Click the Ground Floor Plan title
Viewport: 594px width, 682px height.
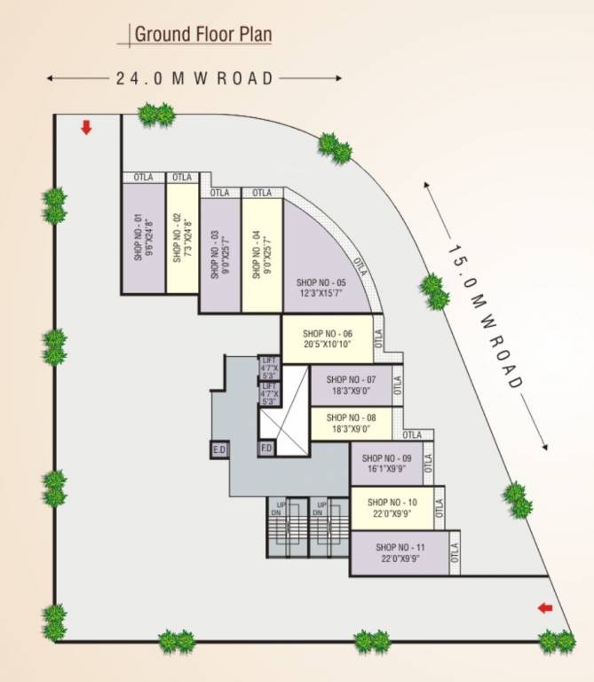coord(202,35)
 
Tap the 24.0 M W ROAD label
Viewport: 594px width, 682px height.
coord(194,78)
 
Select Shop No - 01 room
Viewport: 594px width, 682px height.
coord(144,238)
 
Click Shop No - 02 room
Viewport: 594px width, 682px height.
coord(182,238)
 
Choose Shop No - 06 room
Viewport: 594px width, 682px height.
coord(327,339)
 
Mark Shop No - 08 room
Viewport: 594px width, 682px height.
coord(351,423)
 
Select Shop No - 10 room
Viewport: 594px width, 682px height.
coord(391,508)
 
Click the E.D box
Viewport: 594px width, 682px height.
coord(219,450)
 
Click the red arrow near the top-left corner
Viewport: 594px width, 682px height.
coord(86,128)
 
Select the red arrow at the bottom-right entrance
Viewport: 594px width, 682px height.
coord(545,608)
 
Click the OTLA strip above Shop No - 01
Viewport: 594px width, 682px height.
coord(144,178)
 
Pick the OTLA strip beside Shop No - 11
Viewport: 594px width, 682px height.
coord(455,552)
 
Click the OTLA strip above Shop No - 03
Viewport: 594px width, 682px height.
coord(220,193)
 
